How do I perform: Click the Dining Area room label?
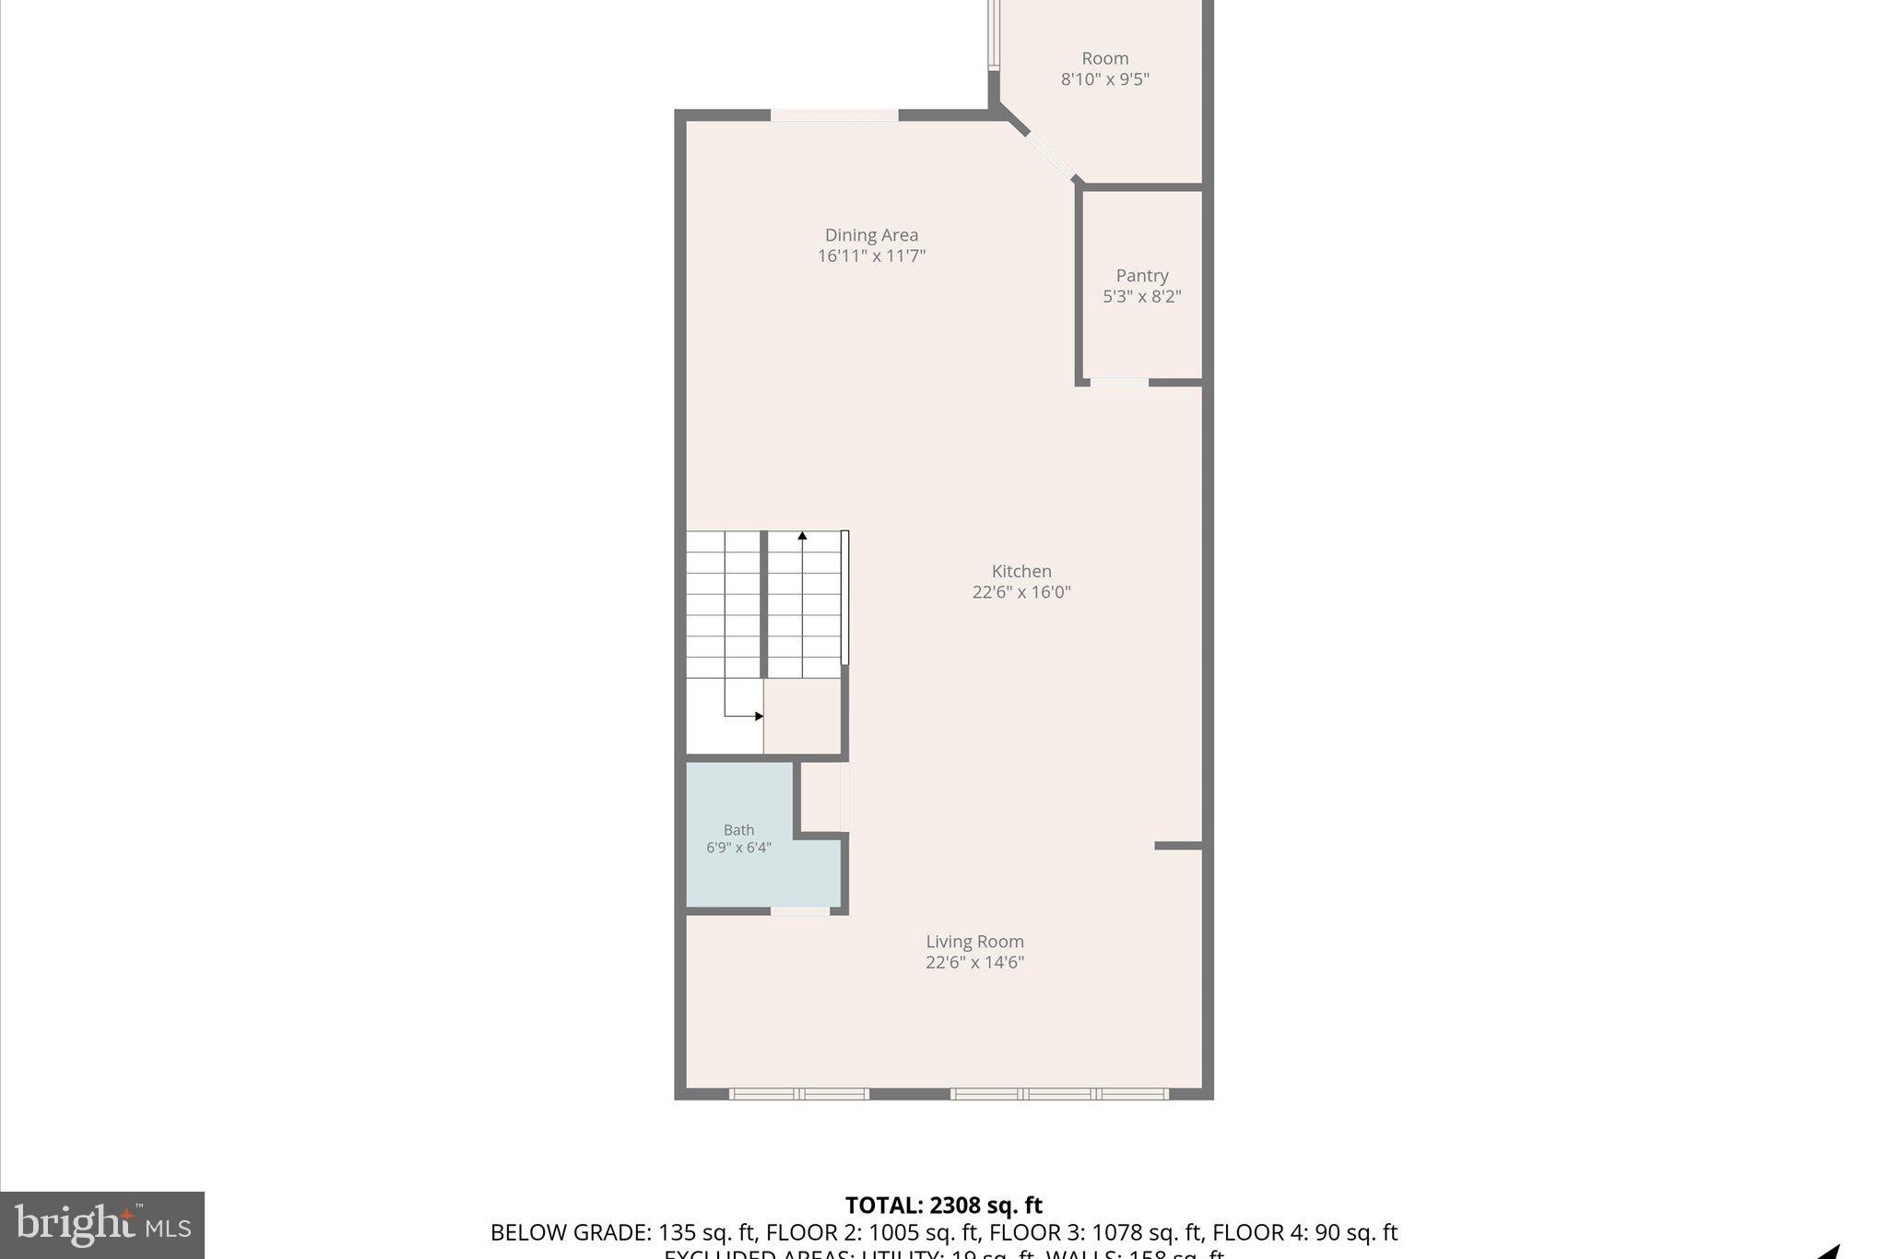(871, 235)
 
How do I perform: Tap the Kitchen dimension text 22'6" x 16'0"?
(1021, 592)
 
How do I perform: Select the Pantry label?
(1142, 276)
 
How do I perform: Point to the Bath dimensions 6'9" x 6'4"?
(738, 848)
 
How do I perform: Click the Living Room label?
(974, 942)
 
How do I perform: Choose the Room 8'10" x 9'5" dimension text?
(1104, 79)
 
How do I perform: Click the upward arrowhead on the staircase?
(802, 536)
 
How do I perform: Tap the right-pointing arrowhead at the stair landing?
(759, 716)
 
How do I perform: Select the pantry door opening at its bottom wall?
(1119, 382)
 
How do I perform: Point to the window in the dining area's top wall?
(834, 115)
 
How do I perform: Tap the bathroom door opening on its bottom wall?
(799, 911)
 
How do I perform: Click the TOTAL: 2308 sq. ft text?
(943, 1206)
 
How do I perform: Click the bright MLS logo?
(102, 1225)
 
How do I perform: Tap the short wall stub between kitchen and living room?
(1177, 845)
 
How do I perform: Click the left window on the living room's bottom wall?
(799, 1094)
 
